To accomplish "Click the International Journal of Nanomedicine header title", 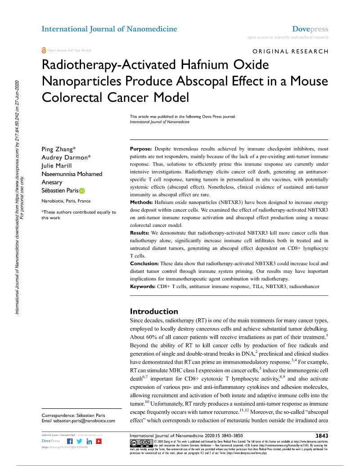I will point(109,29).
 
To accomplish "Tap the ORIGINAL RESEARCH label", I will point(290,51).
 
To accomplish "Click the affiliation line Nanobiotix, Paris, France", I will point(66,201).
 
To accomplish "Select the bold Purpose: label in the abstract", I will point(141,149).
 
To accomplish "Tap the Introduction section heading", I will point(154,312).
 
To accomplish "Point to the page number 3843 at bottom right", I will point(321,436).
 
